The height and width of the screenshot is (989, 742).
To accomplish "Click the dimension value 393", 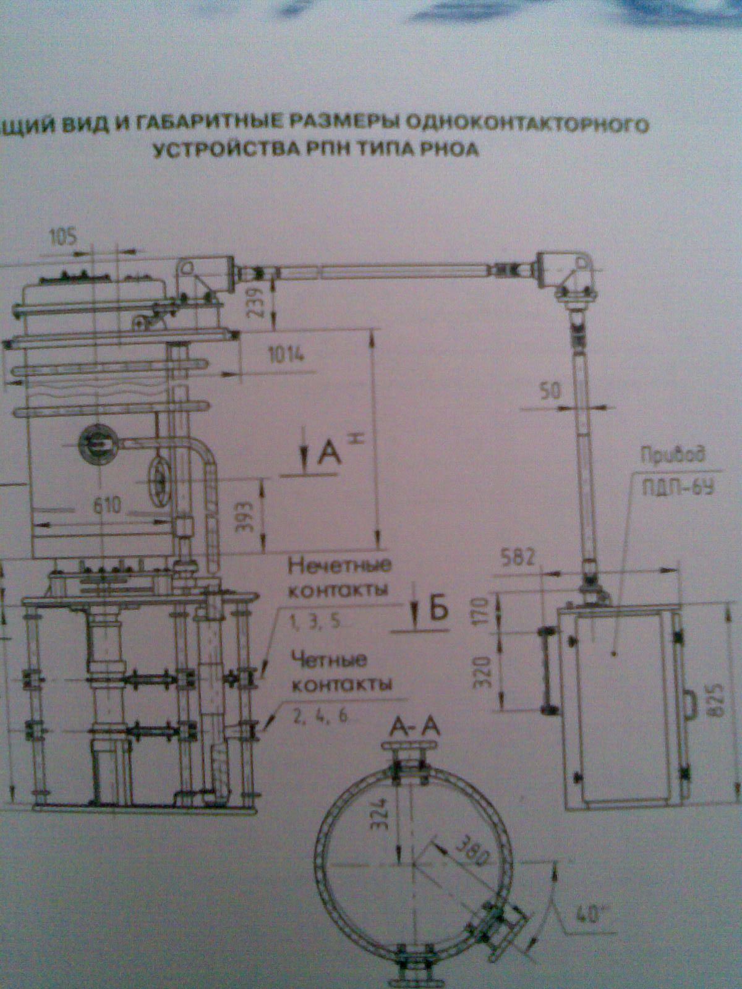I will (x=246, y=514).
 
